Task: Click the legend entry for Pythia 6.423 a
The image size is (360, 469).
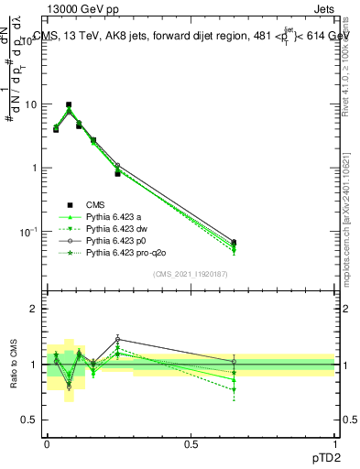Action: (115, 216)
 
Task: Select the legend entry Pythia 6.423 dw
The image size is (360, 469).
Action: (117, 228)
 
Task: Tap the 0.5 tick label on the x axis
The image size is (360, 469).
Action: (191, 443)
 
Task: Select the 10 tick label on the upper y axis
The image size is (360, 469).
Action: (29, 104)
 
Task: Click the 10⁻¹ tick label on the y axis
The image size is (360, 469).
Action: (27, 232)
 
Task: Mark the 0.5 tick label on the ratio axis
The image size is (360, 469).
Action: (29, 420)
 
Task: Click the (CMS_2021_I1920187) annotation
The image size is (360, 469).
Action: (190, 274)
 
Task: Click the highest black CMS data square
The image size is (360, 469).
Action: (69, 105)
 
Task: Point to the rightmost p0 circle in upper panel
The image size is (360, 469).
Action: (235, 242)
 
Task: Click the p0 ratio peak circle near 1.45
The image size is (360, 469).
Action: (117, 340)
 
